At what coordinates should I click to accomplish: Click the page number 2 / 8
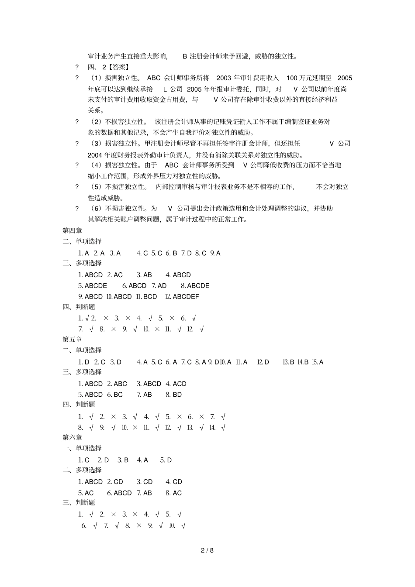207,550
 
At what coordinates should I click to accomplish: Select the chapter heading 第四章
72,230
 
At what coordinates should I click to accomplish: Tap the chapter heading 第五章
72,339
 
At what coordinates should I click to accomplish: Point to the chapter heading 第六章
72,437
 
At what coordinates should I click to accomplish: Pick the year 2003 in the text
224,78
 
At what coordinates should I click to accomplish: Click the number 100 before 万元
292,78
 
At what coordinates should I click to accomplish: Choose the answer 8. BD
173,395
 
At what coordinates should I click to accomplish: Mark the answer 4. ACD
176,384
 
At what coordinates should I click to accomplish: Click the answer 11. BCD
146,296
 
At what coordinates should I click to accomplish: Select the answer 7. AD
159,285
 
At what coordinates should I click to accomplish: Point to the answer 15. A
318,362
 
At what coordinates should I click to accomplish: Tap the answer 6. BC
115,395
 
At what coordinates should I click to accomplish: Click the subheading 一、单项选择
82,448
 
